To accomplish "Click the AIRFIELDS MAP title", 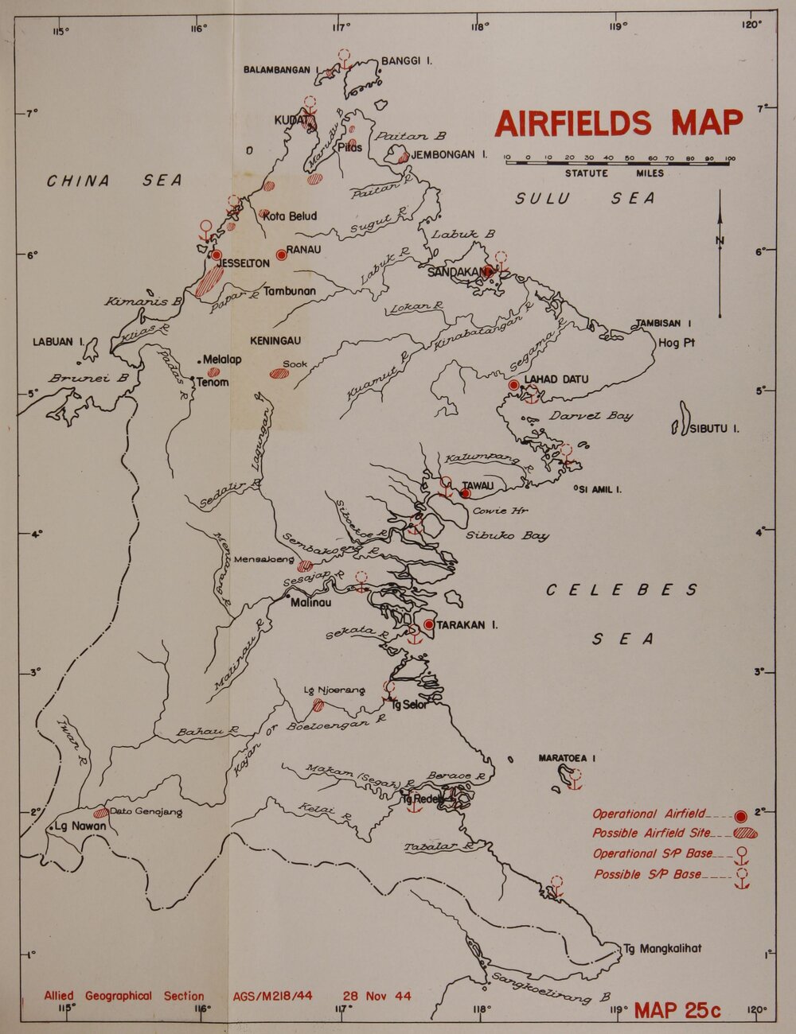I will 618,123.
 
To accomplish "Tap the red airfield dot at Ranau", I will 281,255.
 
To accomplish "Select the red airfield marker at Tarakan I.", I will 429,624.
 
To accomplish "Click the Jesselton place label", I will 244,263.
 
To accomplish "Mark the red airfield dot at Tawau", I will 465,493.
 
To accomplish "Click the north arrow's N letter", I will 720,241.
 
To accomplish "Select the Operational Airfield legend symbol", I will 741,815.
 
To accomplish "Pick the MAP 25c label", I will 677,1010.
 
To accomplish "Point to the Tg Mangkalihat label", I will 662,949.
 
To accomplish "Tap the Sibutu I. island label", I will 714,430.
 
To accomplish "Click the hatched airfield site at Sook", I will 279,373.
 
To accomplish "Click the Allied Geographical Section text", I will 124,996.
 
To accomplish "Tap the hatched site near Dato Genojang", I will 101,813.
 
